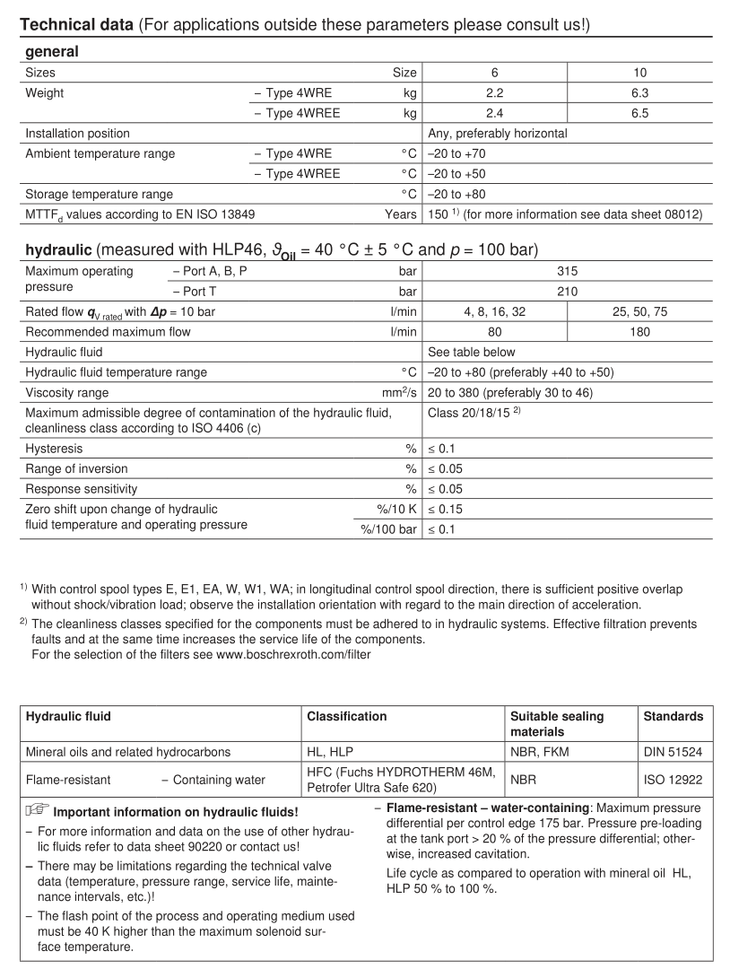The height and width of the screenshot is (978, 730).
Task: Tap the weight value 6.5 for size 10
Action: point(639,113)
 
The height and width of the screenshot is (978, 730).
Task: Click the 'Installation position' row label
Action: point(77,134)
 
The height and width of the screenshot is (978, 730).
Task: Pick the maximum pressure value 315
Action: point(567,271)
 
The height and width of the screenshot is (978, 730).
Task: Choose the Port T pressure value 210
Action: point(567,292)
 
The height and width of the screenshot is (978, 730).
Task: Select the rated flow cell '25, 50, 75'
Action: point(639,311)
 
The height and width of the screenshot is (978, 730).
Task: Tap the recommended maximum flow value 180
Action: point(639,332)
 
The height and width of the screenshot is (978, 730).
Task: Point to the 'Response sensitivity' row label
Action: point(82,489)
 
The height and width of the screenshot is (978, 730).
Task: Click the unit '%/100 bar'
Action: point(389,529)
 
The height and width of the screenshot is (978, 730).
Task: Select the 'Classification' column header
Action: point(347,717)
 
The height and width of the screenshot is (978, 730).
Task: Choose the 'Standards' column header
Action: point(673,717)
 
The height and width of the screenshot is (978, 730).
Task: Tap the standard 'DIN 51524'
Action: point(673,752)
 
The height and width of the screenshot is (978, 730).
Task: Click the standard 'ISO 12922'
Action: point(673,780)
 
